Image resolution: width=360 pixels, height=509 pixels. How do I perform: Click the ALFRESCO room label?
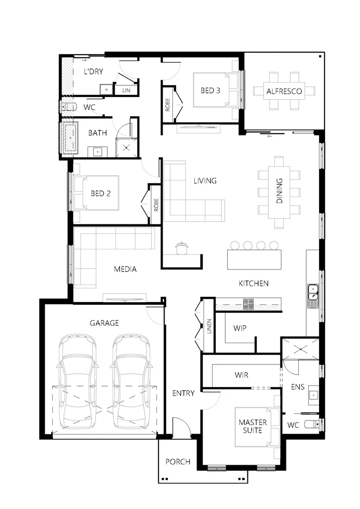[284, 91]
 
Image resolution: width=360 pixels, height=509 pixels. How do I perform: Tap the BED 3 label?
[210, 90]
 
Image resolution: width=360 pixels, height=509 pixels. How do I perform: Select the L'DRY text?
[93, 72]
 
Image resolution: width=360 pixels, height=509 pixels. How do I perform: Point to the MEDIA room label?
[125, 269]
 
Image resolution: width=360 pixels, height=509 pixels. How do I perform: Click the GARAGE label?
[104, 323]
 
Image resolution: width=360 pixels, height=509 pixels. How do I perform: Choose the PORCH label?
[178, 461]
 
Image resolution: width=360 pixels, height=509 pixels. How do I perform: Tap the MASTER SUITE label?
[253, 426]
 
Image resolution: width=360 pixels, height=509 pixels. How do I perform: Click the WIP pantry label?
[240, 328]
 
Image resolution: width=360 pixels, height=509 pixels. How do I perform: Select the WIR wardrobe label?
[241, 375]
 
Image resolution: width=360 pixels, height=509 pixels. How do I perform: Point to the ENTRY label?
[183, 393]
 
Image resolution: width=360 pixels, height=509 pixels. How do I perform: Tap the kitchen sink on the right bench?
[313, 296]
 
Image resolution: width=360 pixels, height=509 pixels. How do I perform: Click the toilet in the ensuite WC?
[311, 424]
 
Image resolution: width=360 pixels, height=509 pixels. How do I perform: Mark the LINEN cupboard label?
[209, 326]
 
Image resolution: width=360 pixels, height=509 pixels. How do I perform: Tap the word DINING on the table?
[279, 190]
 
